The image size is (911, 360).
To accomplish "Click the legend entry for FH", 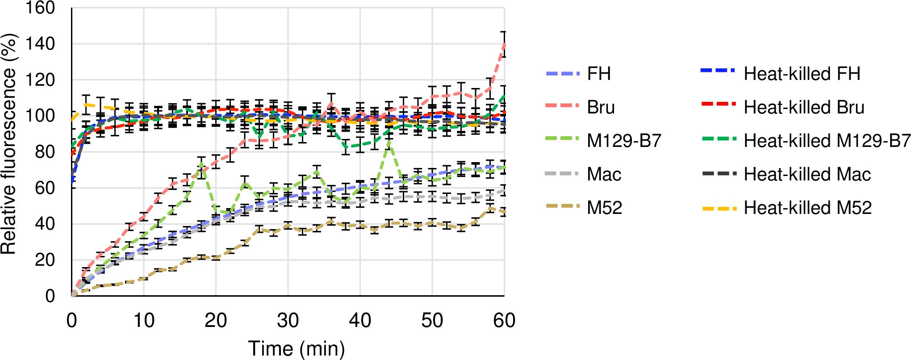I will tap(599, 74).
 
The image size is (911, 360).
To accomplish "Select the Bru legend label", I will tap(601, 107).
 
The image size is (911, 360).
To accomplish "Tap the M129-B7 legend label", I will tap(624, 141).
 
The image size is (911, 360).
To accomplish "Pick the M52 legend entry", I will tap(604, 207).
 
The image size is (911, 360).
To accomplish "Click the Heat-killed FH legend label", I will tap(802, 74).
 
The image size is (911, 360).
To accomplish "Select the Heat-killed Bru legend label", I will tap(804, 107).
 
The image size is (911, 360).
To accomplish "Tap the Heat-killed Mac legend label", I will tap(807, 174).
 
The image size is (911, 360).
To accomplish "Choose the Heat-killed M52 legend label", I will tap(807, 207).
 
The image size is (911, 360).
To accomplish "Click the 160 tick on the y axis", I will tap(40, 8).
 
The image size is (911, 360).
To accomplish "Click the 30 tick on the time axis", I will tap(288, 320).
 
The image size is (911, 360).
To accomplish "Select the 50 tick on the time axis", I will tap(432, 320).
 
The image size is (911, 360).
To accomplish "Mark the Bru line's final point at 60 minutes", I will tap(504, 44).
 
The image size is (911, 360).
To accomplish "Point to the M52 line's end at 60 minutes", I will tap(504, 211).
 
